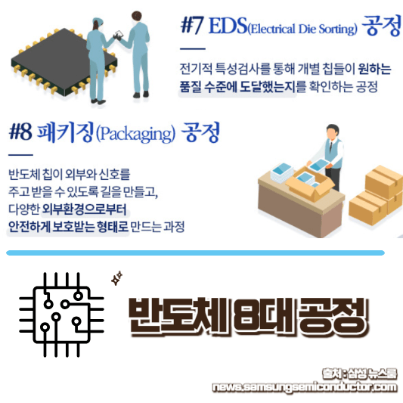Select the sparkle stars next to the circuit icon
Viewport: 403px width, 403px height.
[x=116, y=279]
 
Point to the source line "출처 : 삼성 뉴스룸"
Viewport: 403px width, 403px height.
[x=358, y=374]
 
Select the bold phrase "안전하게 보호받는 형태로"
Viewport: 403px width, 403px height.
[x=75, y=225]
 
